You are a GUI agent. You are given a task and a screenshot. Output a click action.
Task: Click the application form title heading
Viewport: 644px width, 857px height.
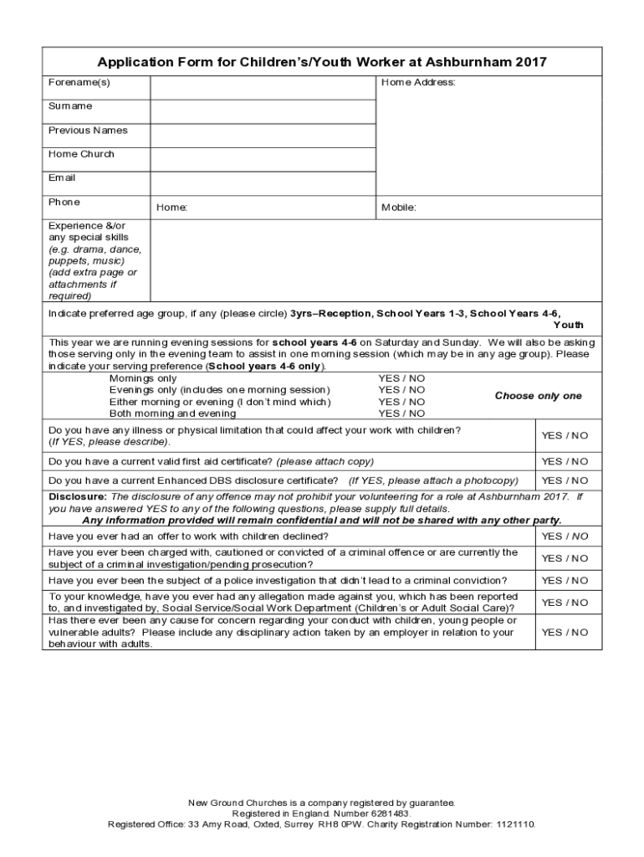point(322,62)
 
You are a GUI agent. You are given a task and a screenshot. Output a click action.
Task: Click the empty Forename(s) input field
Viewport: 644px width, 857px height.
point(263,87)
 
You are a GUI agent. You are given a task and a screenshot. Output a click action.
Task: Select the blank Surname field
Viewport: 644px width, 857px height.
point(263,111)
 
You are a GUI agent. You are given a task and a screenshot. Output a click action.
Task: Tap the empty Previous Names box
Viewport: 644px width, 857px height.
point(263,136)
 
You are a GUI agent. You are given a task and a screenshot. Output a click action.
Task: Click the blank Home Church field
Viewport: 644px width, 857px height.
point(263,159)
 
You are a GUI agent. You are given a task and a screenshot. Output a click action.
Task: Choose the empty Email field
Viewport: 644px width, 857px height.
point(263,183)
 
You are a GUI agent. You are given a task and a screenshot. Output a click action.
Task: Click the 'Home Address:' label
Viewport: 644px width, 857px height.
point(418,83)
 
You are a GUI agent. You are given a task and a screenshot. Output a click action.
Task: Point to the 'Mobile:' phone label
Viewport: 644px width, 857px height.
point(399,208)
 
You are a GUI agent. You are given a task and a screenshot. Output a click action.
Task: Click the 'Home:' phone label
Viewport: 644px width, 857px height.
point(172,208)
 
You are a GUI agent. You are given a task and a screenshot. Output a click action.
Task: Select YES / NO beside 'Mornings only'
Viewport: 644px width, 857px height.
point(401,378)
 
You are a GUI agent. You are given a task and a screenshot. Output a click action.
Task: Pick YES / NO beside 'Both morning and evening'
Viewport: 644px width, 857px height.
point(401,413)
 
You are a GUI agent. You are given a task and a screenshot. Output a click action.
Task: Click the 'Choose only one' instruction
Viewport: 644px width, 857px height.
point(538,396)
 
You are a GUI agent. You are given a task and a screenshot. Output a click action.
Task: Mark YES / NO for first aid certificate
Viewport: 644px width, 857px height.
point(565,461)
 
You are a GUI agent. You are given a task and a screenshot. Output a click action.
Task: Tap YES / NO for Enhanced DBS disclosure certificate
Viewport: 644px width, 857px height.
point(565,480)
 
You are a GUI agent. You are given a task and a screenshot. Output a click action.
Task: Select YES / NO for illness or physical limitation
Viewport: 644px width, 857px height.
point(565,435)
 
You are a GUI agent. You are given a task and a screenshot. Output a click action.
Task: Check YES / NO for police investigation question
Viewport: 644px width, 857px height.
point(565,580)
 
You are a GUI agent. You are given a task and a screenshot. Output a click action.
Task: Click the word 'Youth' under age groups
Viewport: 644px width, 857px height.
point(568,325)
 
